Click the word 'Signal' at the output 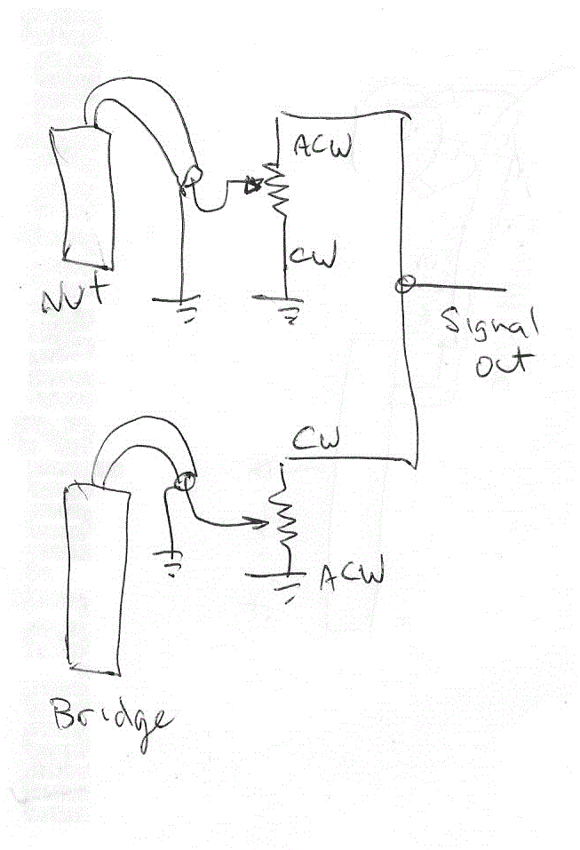[x=492, y=329]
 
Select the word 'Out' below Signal [x=503, y=363]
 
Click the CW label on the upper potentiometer [x=314, y=258]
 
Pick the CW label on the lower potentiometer [x=318, y=439]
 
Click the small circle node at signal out [x=403, y=285]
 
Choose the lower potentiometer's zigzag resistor [x=286, y=521]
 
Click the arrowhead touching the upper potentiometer [x=253, y=187]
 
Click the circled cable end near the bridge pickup [x=183, y=483]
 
